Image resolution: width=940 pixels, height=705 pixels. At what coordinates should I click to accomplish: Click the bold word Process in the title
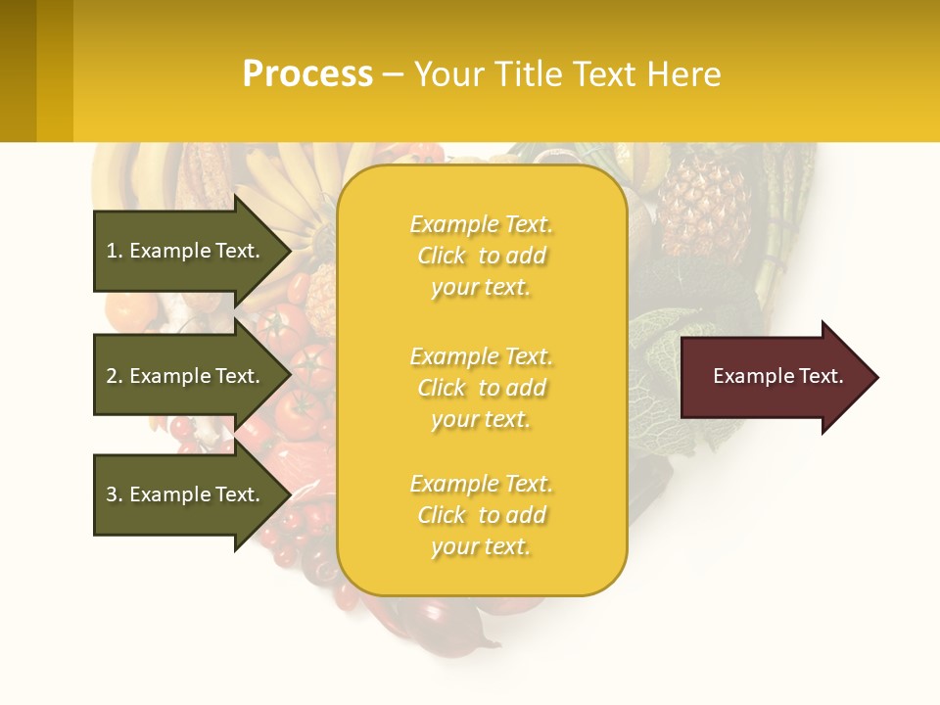coord(307,74)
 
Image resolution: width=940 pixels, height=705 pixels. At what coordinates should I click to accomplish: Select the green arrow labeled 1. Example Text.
coord(186,251)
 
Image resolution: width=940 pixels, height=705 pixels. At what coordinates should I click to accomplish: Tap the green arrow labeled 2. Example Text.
coord(186,376)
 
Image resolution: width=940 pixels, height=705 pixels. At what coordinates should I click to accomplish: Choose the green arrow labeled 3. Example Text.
coord(186,494)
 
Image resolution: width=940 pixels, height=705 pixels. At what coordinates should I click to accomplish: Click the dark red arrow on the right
coord(774,377)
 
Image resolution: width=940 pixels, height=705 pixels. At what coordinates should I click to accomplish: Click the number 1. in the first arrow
coord(115,251)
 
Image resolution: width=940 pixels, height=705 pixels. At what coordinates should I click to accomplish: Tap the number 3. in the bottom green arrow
coord(115,494)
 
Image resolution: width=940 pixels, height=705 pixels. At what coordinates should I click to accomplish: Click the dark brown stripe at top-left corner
coord(18,70)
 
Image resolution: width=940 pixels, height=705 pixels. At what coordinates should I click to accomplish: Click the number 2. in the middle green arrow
coord(115,376)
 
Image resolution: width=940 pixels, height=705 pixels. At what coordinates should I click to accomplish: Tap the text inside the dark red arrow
coord(777,376)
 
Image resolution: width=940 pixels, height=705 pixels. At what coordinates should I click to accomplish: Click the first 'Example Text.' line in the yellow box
coord(481,224)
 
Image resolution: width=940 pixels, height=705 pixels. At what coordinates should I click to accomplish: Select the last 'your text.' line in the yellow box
coord(481,546)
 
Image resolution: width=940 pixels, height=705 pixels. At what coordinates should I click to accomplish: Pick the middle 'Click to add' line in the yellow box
coord(481,388)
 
